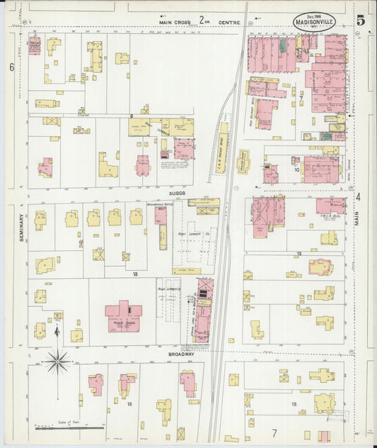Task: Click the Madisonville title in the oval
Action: pos(315,22)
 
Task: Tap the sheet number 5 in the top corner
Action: pos(361,20)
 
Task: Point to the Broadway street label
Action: pos(181,353)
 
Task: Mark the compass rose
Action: pos(57,362)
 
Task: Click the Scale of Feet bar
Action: pos(69,427)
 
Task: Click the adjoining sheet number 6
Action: pos(12,67)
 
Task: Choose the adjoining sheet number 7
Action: pos(274,432)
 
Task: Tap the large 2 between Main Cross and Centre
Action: pos(202,20)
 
